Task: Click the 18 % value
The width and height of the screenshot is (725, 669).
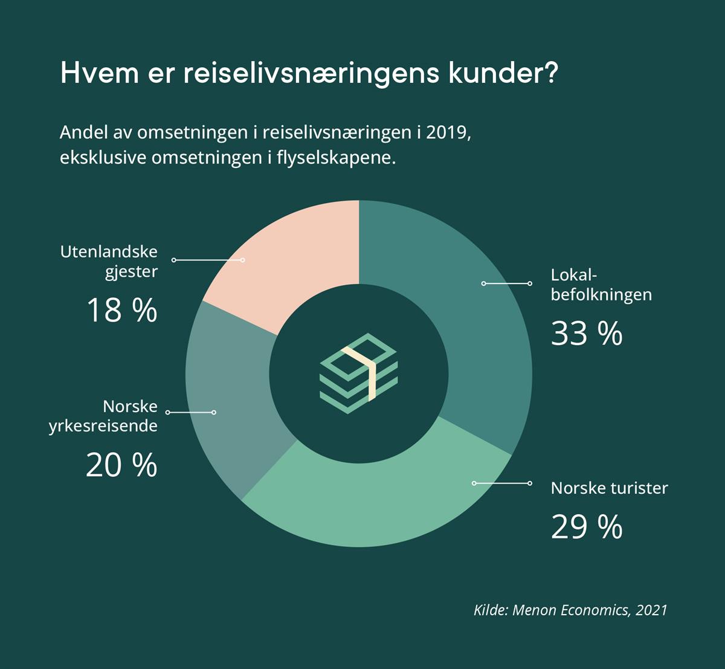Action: point(121,311)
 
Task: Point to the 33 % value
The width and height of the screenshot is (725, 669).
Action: point(586,334)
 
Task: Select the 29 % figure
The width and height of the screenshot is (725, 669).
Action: point(586,527)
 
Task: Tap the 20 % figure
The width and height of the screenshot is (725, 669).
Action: point(121,465)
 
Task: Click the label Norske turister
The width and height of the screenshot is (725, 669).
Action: point(609,488)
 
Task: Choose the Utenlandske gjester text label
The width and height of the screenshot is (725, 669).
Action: point(109,261)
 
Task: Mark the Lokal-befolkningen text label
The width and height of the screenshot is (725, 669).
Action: point(601,285)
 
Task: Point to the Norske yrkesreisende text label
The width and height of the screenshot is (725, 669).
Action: point(103,416)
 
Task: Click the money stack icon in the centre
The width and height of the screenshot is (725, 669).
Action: point(358,373)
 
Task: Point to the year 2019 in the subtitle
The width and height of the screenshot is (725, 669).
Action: point(447,132)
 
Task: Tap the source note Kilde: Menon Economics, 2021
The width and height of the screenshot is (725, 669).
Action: point(570,609)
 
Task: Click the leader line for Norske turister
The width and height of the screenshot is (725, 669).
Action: point(501,483)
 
